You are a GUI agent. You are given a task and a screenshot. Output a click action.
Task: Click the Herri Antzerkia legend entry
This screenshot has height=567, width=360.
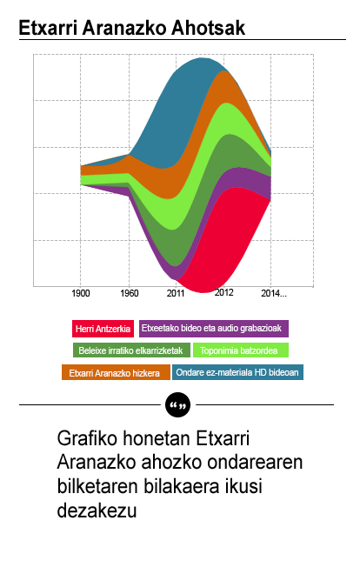point(103,329)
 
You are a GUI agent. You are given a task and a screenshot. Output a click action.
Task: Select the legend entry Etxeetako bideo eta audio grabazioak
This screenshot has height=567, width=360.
point(213,329)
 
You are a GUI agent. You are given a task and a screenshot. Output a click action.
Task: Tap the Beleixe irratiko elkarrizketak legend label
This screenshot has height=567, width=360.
point(130,350)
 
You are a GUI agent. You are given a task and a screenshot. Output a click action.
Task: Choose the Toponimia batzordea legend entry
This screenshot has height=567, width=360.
point(240,350)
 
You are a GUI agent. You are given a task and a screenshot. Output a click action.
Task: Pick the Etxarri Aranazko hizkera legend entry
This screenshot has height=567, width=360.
point(114,373)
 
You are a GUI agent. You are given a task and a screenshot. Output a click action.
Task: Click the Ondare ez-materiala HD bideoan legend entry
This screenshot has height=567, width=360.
point(237,373)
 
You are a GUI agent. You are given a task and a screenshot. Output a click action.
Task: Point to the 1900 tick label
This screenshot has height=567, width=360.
point(81,293)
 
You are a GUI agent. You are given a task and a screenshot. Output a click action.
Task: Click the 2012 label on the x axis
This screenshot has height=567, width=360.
point(224,293)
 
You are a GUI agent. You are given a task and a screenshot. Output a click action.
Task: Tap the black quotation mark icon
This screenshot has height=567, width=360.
point(177,405)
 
